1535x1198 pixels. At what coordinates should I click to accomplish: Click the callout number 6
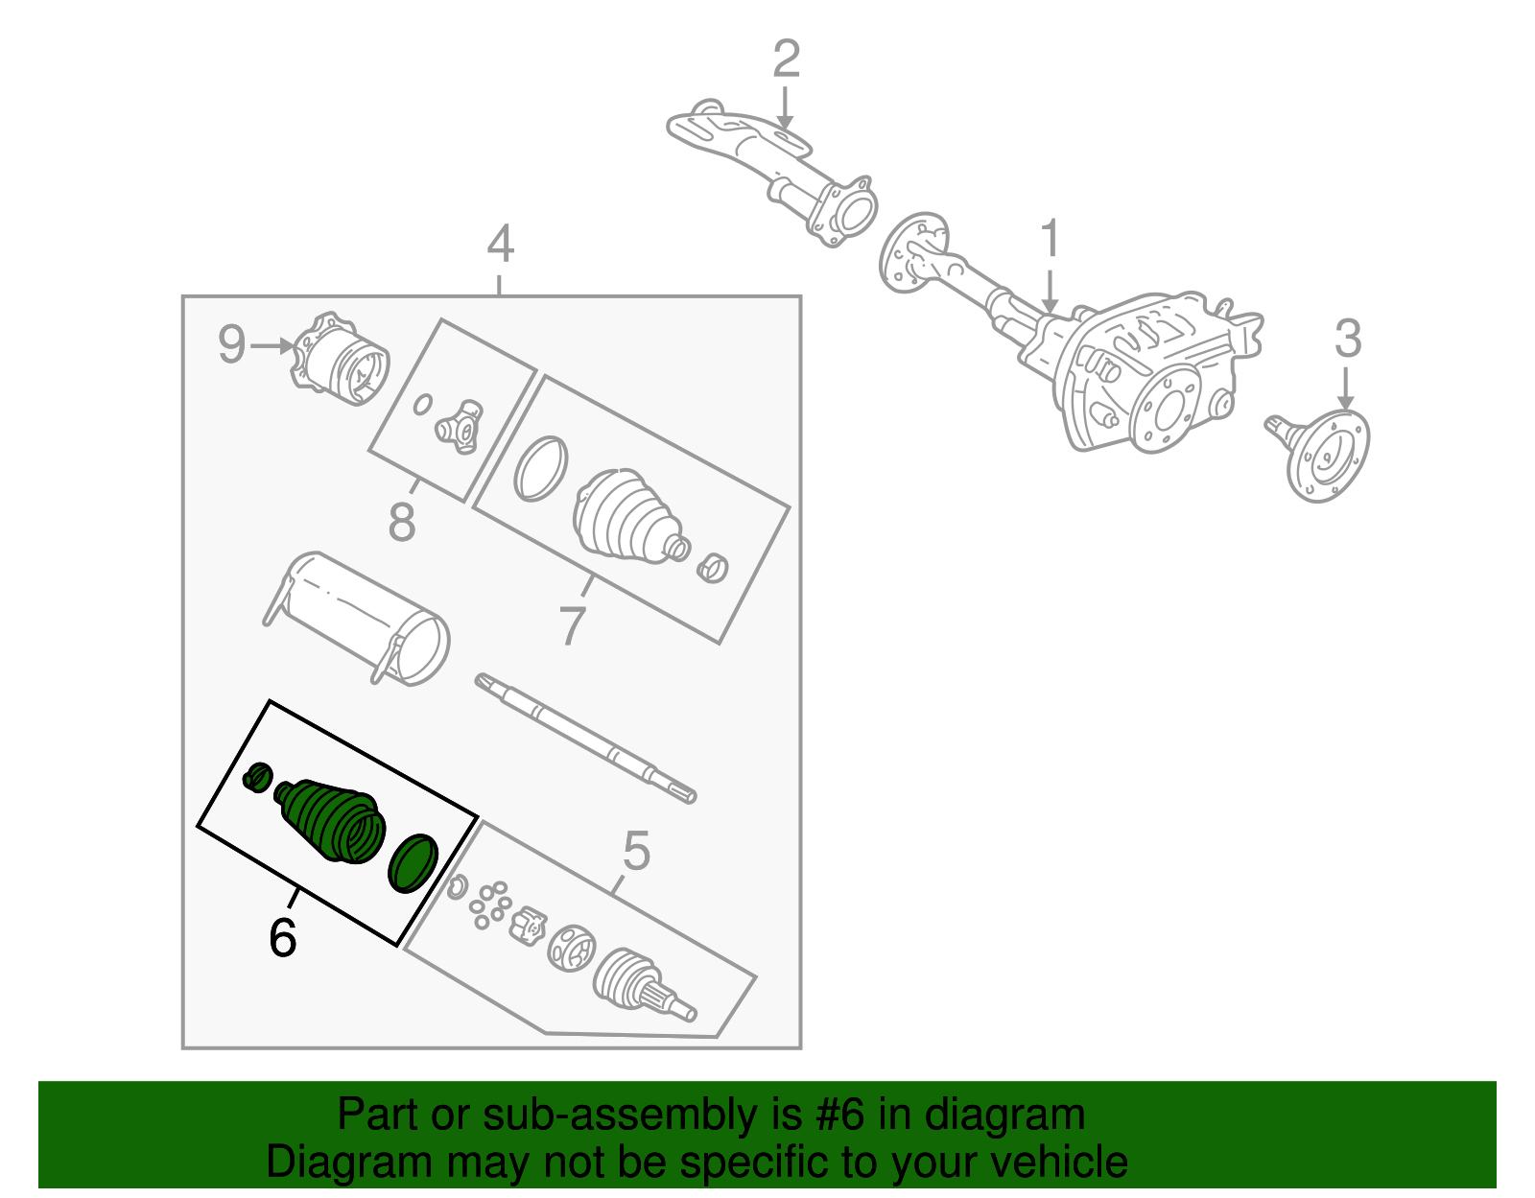tap(282, 937)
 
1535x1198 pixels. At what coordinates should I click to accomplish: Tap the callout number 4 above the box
tap(500, 245)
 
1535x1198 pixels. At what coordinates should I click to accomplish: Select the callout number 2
tap(786, 59)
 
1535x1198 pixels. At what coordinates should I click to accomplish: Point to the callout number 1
tap(1051, 239)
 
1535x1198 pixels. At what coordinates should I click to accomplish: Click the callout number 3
tap(1348, 339)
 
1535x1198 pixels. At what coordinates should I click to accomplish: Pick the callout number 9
tap(231, 344)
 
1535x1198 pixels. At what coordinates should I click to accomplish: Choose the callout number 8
tap(402, 524)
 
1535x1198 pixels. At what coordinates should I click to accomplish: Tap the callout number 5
tap(636, 851)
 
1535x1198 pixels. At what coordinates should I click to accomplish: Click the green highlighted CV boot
tap(331, 820)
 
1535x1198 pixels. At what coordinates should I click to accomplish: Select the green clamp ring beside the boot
tap(413, 862)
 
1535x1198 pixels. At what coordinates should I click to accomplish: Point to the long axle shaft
tap(585, 738)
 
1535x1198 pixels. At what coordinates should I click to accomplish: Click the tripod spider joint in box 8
tap(460, 428)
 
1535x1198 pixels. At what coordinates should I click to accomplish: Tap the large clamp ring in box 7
tap(540, 468)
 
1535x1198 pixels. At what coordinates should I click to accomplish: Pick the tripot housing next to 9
tap(343, 363)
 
